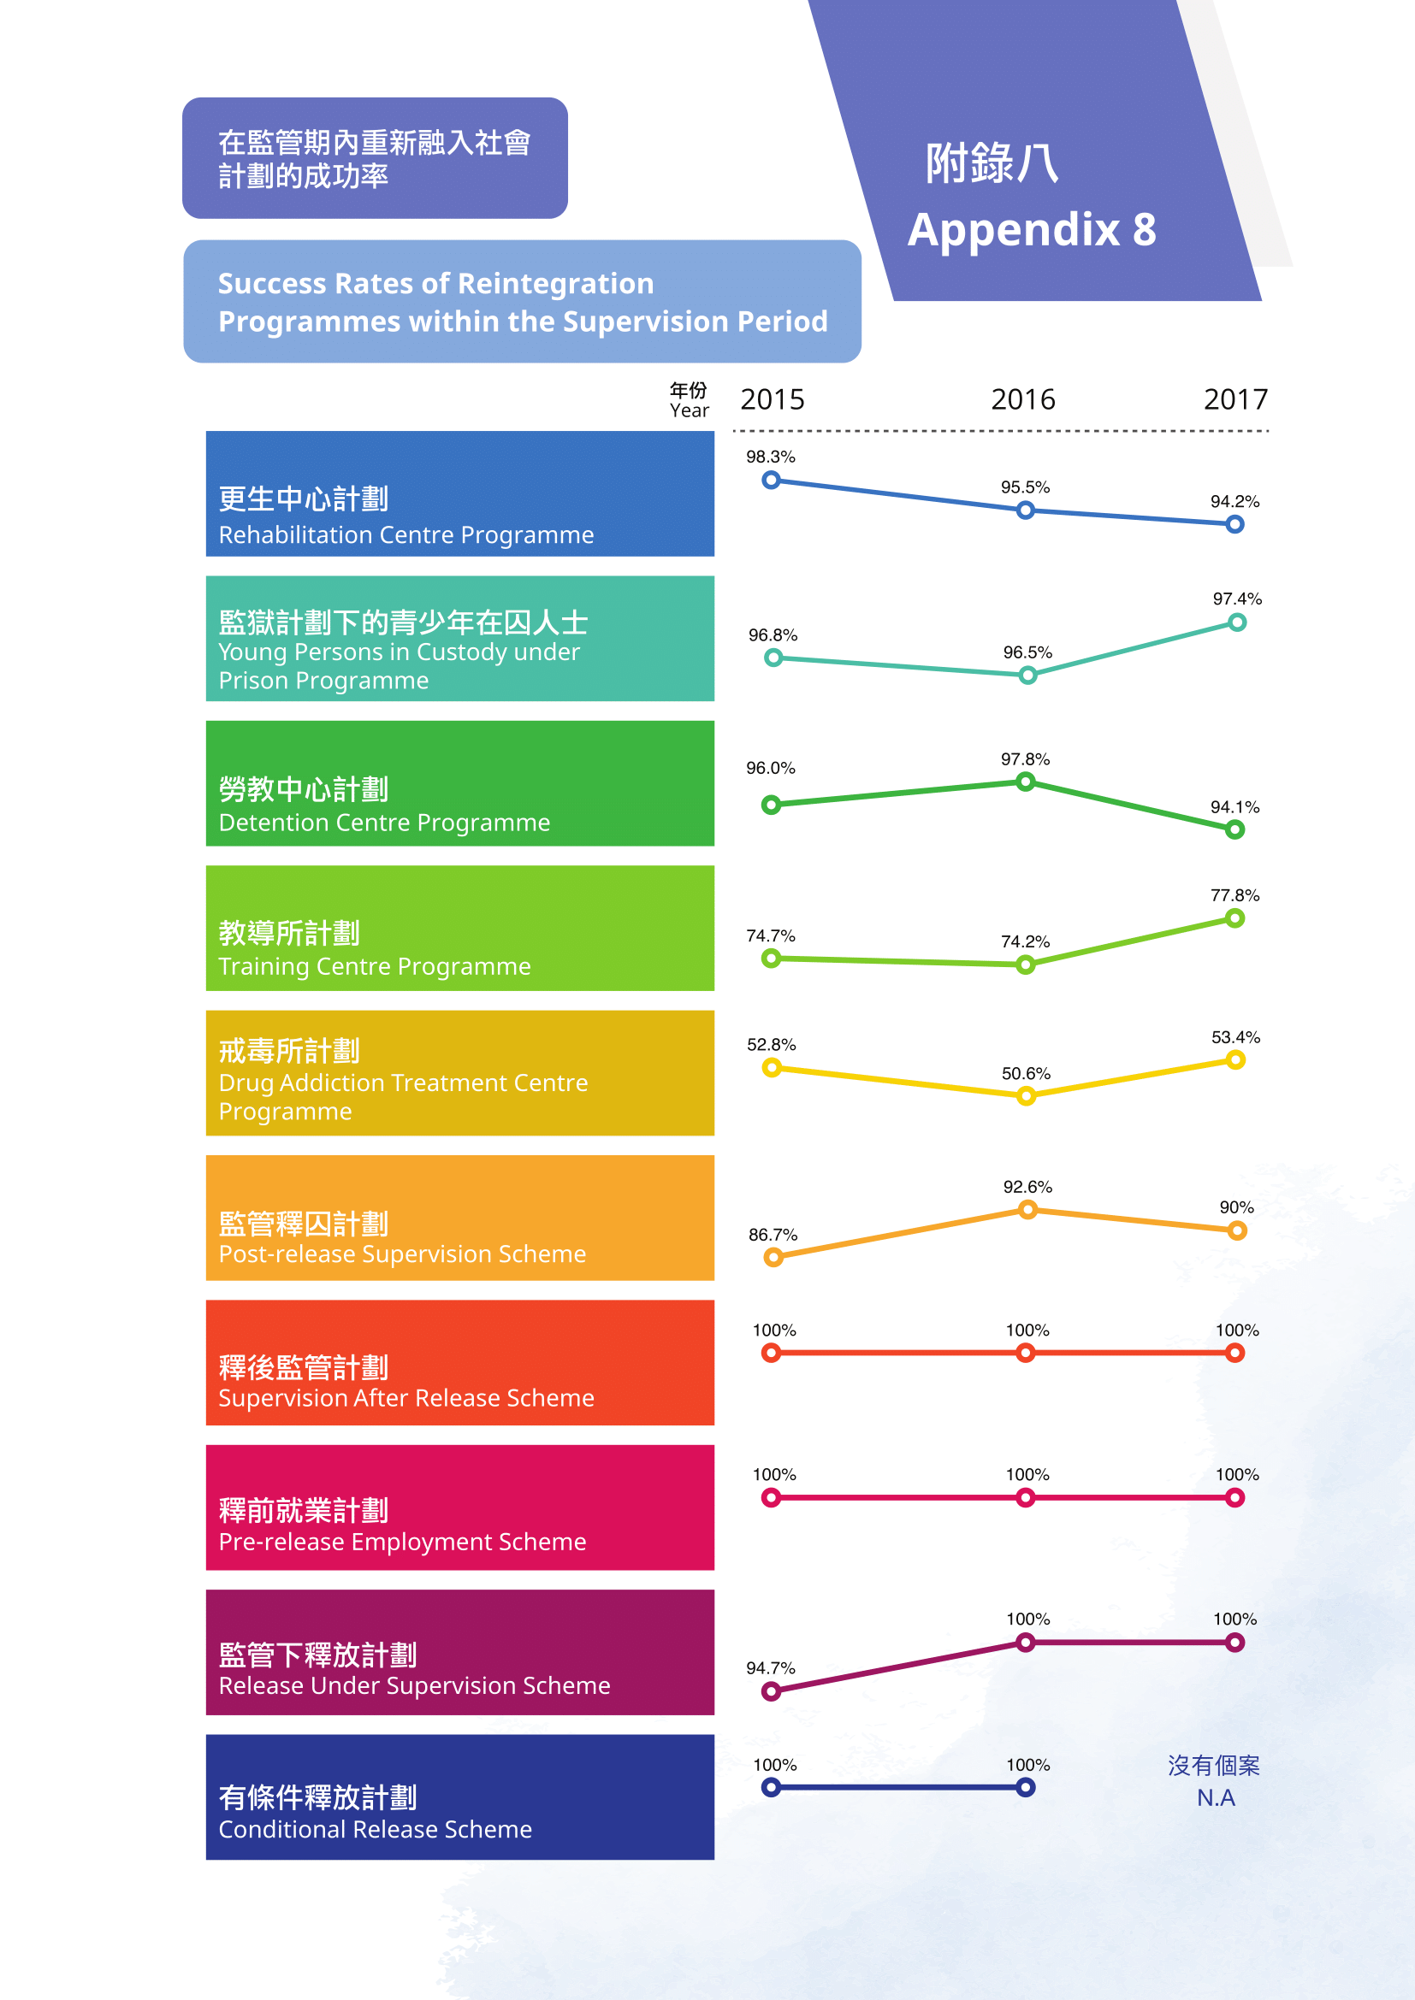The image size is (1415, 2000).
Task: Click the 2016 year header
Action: pos(1023,400)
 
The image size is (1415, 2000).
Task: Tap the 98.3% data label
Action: pos(770,457)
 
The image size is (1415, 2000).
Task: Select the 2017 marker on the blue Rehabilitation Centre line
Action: pos(1234,524)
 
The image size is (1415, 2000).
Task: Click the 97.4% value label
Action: pos(1237,599)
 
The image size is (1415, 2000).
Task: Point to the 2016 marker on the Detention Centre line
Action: pos(1026,782)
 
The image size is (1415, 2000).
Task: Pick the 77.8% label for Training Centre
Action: pos(1234,895)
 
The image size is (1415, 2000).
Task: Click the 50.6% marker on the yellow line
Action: pos(1027,1096)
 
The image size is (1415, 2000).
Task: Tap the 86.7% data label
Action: pos(773,1235)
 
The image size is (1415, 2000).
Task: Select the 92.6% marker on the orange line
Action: pos(1028,1209)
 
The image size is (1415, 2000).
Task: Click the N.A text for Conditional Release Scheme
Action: pos(1216,1798)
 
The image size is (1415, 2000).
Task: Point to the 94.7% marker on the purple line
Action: pos(771,1691)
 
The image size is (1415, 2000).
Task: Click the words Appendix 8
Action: pos(1032,230)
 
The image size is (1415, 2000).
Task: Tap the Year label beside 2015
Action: pos(689,410)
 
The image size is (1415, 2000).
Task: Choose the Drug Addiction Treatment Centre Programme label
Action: pos(403,1097)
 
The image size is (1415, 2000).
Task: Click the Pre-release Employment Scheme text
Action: pos(402,1542)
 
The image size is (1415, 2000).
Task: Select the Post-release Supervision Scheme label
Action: pos(402,1254)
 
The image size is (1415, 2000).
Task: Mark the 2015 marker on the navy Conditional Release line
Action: pos(771,1787)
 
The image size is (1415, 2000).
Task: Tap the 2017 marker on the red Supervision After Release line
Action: pos(1234,1353)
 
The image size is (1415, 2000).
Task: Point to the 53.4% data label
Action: pos(1235,1037)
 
